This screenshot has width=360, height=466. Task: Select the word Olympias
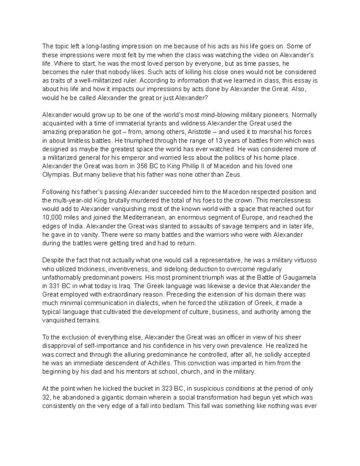[56, 175]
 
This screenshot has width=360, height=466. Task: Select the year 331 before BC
[53, 286]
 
